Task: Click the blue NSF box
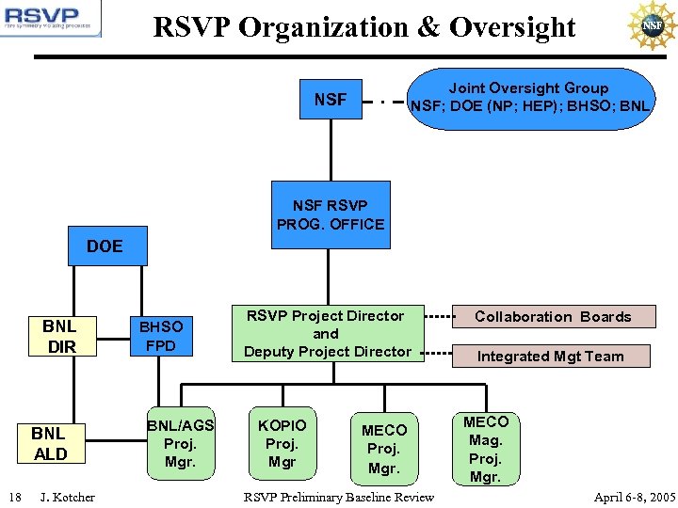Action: coord(331,98)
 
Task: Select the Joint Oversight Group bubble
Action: coord(528,98)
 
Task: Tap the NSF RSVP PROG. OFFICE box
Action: coord(331,214)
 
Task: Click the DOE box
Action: coord(105,246)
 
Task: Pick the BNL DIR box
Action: coord(59,337)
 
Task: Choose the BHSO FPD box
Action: coord(161,337)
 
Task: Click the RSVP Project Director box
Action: coord(327,334)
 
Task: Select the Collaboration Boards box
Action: coord(553,317)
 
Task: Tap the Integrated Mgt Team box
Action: coord(550,357)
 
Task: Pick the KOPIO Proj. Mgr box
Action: coord(282,443)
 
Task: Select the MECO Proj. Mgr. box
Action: coord(384,448)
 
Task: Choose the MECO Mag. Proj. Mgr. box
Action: coord(485,448)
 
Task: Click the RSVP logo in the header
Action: coord(51,21)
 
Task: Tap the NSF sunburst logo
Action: coord(652,24)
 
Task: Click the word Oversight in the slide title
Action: coord(512,28)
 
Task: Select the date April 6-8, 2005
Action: coord(634,497)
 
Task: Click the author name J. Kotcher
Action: coord(68,497)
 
